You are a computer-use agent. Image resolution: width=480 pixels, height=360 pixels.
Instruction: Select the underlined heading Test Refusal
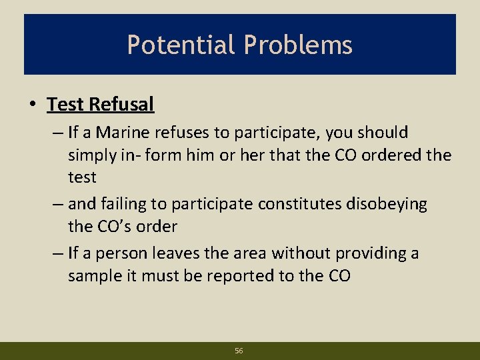tap(101, 104)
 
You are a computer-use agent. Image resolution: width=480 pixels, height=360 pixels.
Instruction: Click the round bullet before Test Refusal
tap(32, 105)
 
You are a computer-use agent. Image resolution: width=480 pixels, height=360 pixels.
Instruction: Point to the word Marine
tap(125, 133)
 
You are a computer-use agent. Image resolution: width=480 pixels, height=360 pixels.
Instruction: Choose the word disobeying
tap(387, 204)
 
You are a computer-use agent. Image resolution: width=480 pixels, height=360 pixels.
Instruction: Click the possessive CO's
tap(115, 227)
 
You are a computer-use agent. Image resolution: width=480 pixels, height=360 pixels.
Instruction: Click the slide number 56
tap(239, 350)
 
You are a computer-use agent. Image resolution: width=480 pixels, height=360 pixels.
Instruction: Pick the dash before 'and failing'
tap(55, 204)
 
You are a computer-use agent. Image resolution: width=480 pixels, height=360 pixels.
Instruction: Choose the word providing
tap(371, 253)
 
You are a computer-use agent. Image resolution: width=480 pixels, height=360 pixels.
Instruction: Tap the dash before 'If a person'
tap(55, 253)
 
